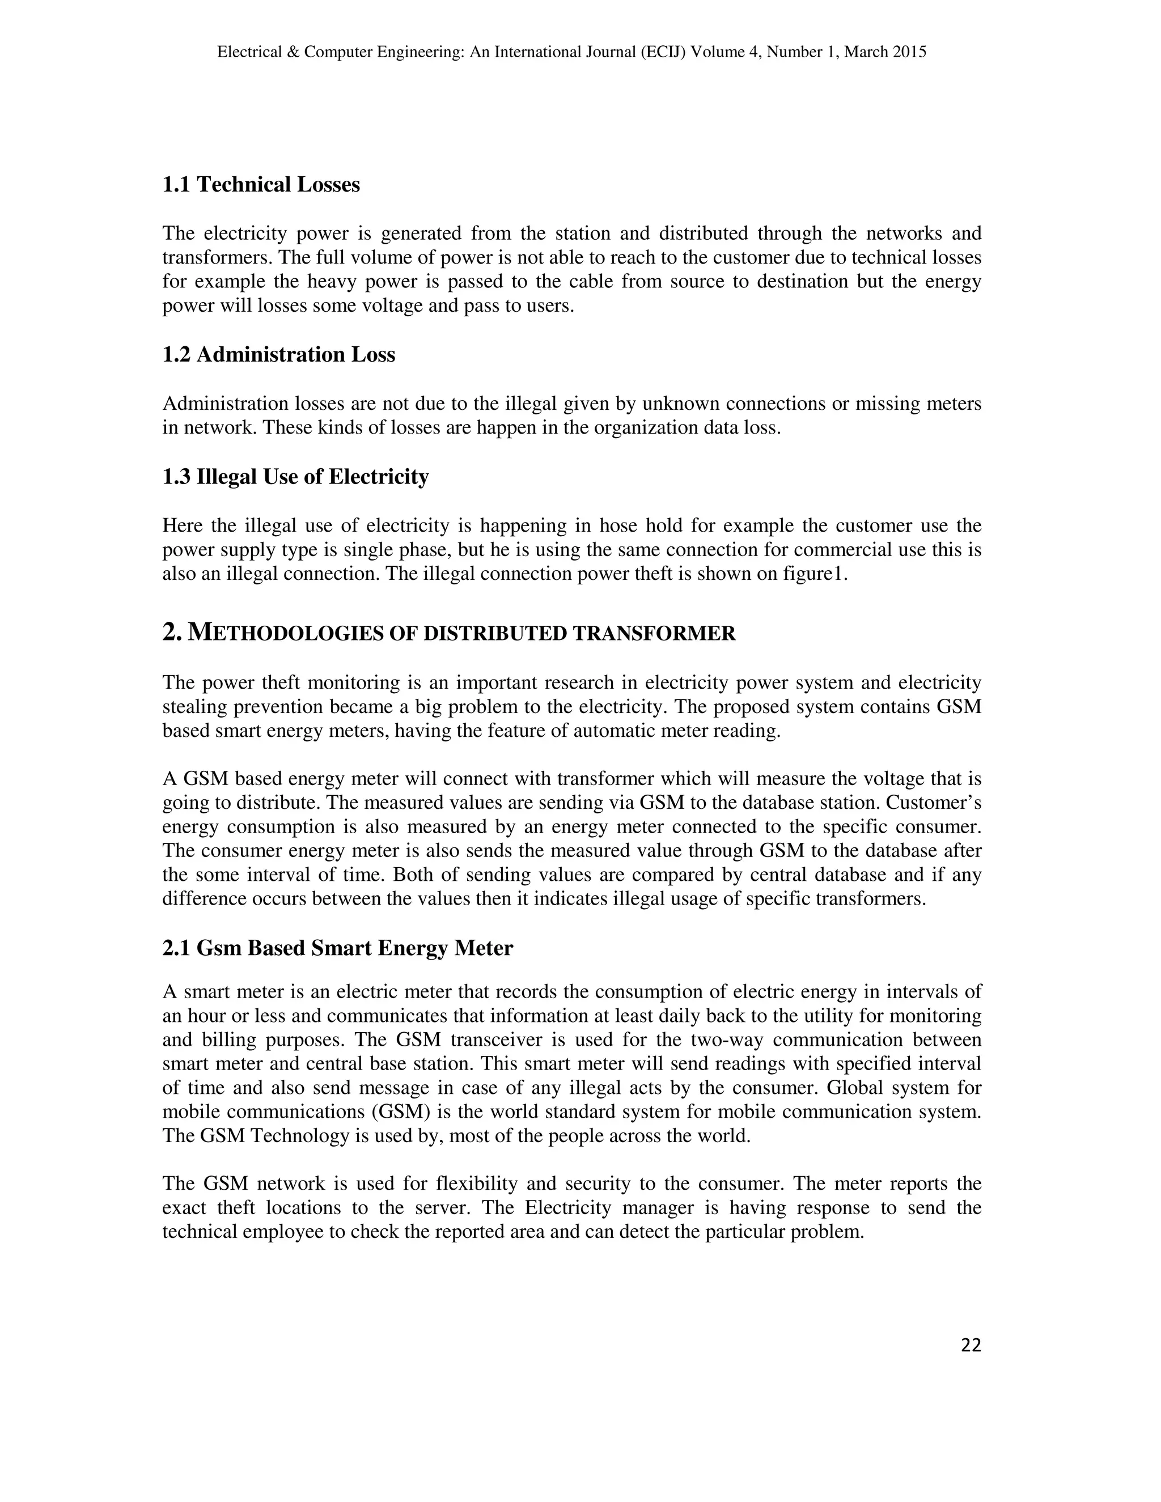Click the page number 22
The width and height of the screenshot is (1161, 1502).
click(971, 1346)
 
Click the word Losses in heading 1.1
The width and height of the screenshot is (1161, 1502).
click(327, 185)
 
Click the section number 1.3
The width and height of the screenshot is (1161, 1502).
click(176, 477)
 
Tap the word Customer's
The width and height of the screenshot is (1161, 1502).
click(942, 803)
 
